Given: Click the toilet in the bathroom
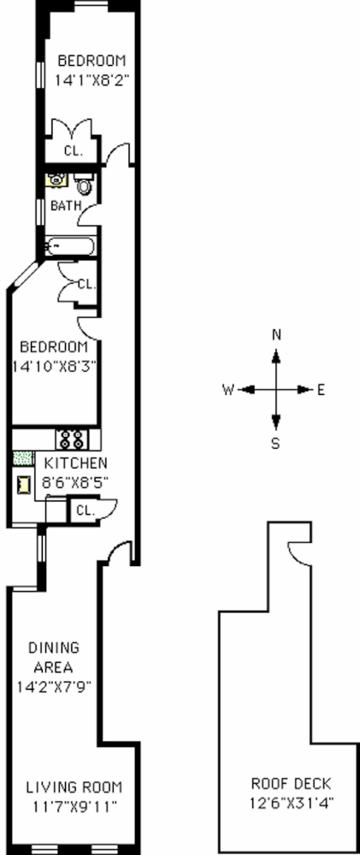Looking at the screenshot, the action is click(83, 184).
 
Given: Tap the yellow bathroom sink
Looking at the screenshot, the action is click(55, 180).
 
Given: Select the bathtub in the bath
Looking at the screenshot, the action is click(70, 246).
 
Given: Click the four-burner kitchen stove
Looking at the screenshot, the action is click(71, 439).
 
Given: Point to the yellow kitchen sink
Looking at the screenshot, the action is click(23, 484).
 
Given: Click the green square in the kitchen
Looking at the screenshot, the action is click(23, 458).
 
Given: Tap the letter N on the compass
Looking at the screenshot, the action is click(276, 335).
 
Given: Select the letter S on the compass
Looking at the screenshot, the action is click(275, 444).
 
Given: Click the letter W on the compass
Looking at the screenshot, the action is click(228, 390).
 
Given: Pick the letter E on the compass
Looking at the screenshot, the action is click(321, 390).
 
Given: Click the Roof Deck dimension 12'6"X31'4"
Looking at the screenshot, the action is click(292, 802).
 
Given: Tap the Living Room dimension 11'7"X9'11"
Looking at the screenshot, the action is click(74, 806).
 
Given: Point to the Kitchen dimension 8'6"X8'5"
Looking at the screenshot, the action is click(75, 482).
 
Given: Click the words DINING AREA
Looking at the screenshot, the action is click(54, 657).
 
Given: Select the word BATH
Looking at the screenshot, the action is click(66, 205).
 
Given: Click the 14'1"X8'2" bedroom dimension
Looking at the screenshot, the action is click(91, 80).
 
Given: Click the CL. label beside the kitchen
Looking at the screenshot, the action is click(86, 511).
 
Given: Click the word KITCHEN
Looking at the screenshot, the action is click(75, 463).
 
